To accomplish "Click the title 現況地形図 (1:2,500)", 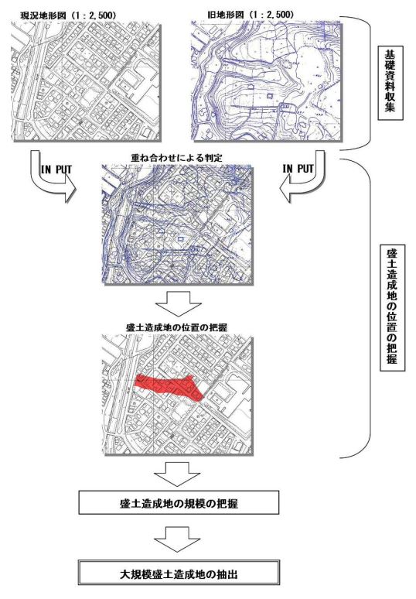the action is pos(68,15).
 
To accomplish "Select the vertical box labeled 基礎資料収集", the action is pos(390,84).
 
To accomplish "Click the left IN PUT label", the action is pos(56,169).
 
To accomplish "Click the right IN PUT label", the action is pos(298,169).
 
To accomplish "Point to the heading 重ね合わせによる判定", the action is pos(176,158).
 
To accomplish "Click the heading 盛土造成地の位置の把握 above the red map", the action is pos(176,327).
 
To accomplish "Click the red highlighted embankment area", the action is pos(168,385).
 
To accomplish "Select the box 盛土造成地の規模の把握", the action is pos(179,503).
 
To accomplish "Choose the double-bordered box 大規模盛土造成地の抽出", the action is pos(179,572).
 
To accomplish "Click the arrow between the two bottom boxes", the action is pos(177,539).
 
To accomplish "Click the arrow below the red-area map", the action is pos(177,474).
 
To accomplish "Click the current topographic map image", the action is pos(86,81).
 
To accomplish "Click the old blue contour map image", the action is pos(266,81).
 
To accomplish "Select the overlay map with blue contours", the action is pos(177,224).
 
